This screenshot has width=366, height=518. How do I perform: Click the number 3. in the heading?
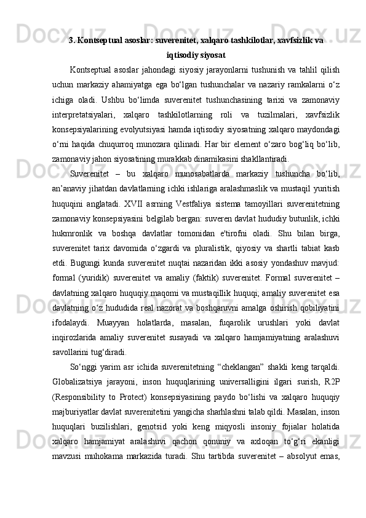coord(72,41)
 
